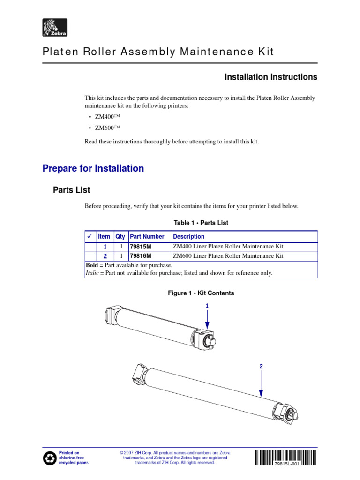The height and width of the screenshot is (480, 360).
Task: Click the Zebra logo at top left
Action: coord(55,28)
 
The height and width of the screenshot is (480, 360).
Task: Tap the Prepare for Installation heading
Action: coord(93,168)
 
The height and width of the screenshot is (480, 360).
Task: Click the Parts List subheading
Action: coord(71,190)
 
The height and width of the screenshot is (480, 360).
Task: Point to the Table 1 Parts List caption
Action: coord(201,223)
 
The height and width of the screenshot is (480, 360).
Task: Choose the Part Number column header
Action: coord(147,237)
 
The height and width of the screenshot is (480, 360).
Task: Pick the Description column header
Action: coord(189,237)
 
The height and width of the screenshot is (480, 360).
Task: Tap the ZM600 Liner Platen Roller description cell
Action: coord(228,256)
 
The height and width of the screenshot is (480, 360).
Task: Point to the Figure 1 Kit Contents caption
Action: coord(201,293)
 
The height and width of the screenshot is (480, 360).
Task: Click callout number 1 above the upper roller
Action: coord(207,306)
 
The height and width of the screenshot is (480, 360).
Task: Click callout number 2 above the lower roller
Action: coord(261,367)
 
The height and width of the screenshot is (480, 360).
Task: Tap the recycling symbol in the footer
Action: coord(50,458)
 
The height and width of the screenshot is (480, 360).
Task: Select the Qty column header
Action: coord(120,237)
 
